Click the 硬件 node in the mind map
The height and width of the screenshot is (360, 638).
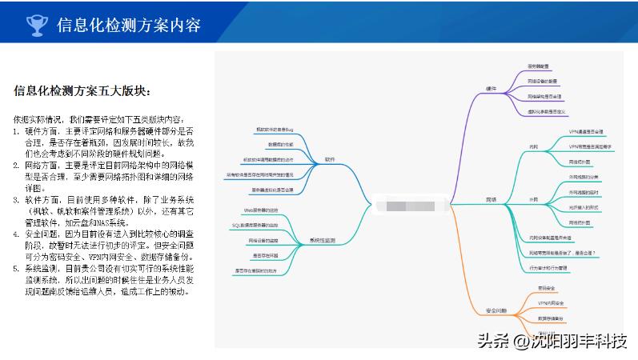491,88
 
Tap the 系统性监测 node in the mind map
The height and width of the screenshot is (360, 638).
323,240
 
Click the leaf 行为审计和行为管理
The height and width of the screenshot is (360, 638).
548,267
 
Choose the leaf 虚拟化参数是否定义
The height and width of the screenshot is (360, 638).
548,111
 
